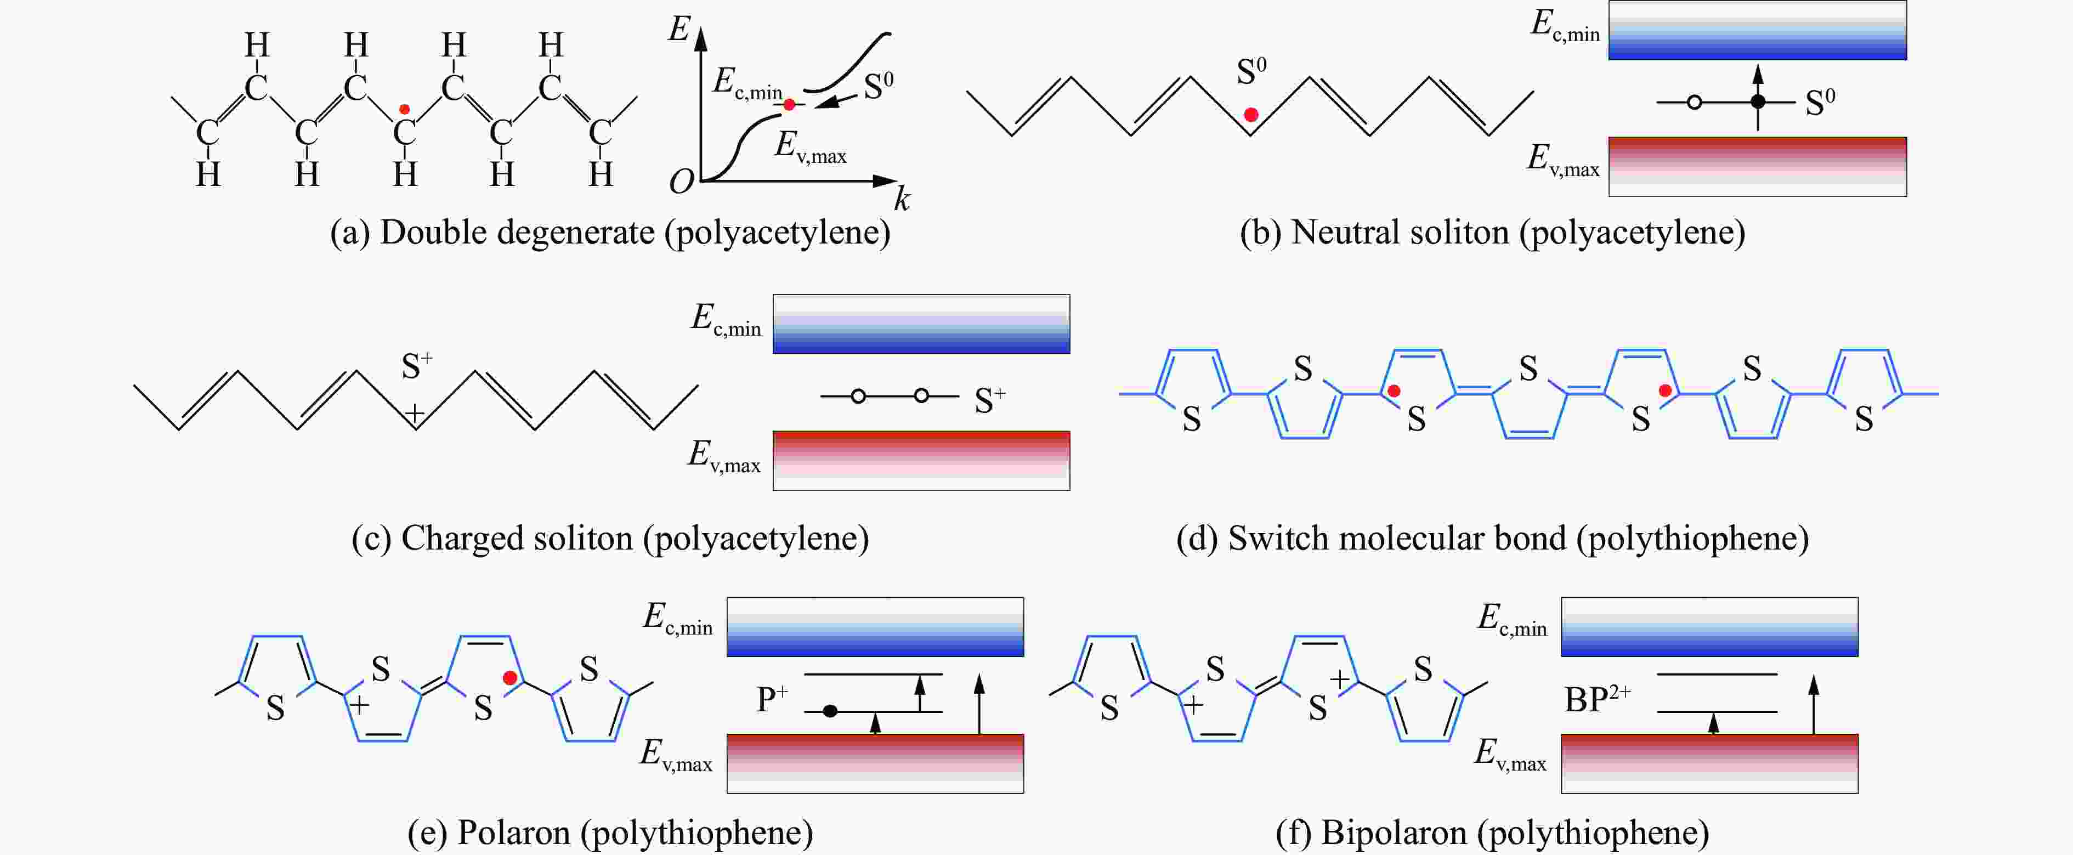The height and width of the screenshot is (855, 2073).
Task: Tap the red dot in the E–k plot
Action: pos(790,105)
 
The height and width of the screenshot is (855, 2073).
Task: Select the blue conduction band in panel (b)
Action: pos(1758,31)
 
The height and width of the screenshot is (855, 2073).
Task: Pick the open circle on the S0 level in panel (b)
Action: pos(1694,102)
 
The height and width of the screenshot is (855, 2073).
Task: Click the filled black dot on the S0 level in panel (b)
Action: pos(1758,101)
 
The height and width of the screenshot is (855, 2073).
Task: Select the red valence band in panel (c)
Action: pos(921,461)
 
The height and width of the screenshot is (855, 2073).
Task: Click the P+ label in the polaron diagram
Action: pos(772,699)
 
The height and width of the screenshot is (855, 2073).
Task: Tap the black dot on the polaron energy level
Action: pos(830,711)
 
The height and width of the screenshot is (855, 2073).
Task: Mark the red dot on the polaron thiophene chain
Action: pos(509,678)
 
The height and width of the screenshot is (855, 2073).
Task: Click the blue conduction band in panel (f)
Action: pos(1710,626)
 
